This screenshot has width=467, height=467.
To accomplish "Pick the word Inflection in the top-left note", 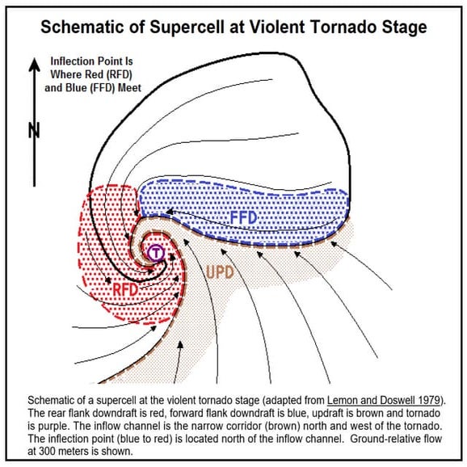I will (x=76, y=61).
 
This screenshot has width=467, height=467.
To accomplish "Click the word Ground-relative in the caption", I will (x=395, y=440).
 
